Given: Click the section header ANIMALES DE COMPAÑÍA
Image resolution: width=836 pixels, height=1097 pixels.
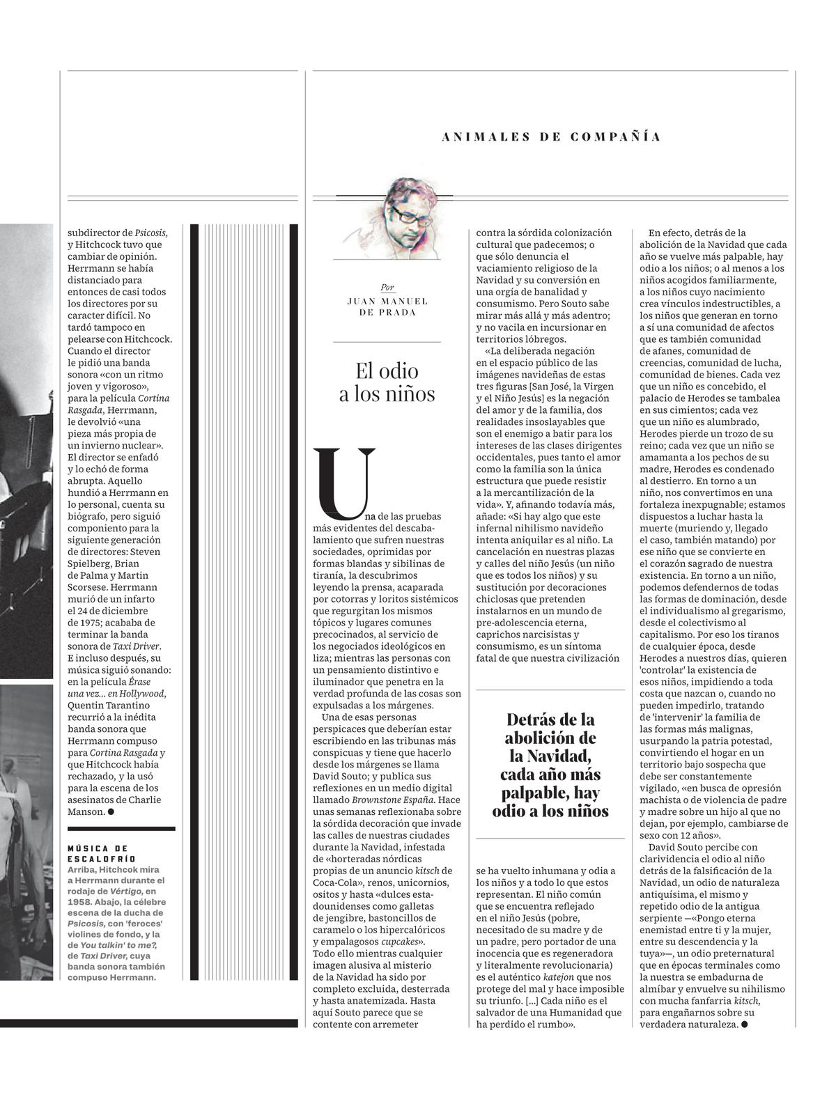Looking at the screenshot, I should [x=551, y=137].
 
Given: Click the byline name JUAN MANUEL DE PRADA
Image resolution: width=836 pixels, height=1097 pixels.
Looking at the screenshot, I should [x=387, y=306].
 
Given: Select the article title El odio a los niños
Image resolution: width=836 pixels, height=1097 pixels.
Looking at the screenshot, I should [x=387, y=382].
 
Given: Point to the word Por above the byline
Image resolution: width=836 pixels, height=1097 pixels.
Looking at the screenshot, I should [x=387, y=287].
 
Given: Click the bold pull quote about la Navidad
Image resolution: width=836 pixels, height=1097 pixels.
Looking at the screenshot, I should [x=550, y=765].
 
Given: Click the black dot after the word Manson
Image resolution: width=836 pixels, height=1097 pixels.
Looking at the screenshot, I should [x=111, y=811].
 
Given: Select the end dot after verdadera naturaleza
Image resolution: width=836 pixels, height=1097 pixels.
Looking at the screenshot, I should [x=745, y=1024].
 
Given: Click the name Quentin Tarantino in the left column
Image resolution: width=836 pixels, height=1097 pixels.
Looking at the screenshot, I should [x=112, y=705].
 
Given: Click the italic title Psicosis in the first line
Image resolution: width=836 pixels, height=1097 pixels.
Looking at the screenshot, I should [x=151, y=233].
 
